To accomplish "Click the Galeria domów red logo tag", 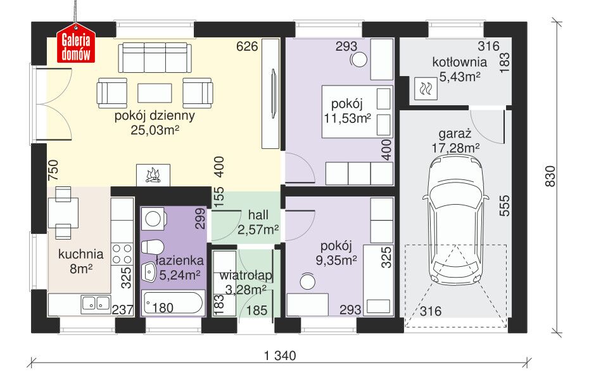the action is click(76, 43).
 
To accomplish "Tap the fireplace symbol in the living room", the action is click(153, 175).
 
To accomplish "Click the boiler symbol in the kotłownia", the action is click(426, 89).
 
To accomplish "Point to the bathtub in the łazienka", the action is click(173, 302).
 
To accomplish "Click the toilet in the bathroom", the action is click(152, 247).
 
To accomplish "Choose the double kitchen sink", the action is click(96, 304).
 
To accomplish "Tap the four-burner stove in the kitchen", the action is click(122, 254).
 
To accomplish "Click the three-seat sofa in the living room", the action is click(155, 58).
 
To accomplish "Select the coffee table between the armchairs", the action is click(155, 93).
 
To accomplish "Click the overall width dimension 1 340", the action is click(280, 355).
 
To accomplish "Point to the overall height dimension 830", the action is click(550, 176).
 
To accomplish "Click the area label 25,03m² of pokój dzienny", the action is click(155, 130).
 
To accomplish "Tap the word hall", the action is click(258, 215).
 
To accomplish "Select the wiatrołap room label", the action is click(246, 276).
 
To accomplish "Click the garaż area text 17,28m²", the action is click(455, 148).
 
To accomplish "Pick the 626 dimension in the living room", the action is click(247, 46).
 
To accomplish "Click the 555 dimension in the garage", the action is click(505, 205).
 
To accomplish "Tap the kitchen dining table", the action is click(63, 213).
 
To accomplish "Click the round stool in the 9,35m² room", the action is click(308, 282).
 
